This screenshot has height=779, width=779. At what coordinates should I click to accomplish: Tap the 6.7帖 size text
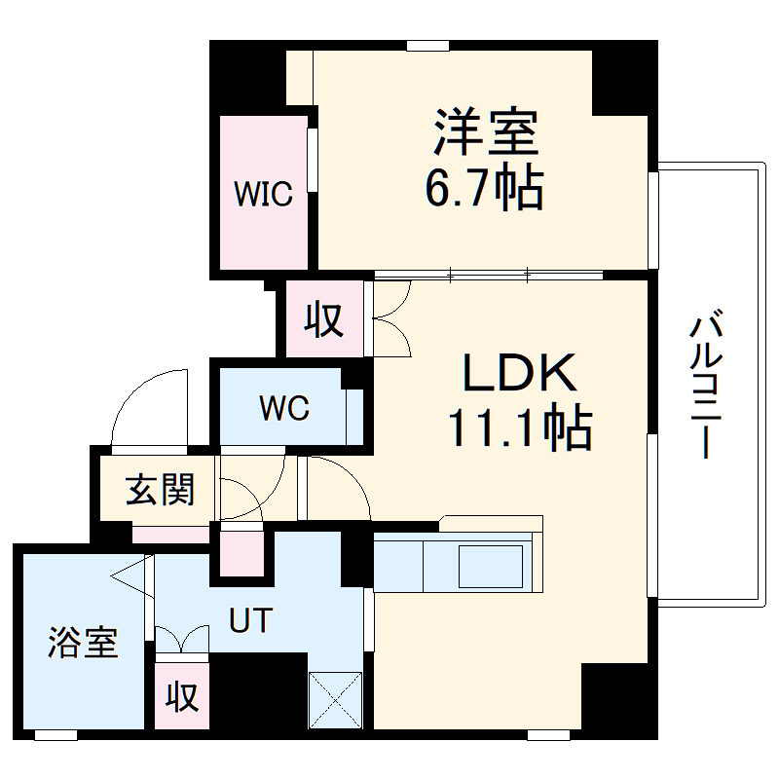pyautogui.click(x=483, y=187)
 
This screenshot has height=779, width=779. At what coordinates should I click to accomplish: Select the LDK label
pyautogui.click(x=520, y=374)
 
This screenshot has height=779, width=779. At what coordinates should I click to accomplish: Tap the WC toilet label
pyautogui.click(x=283, y=408)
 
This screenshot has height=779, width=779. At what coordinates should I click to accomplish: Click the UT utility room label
pyautogui.click(x=251, y=619)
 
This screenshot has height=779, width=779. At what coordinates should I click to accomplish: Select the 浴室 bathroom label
pyautogui.click(x=84, y=643)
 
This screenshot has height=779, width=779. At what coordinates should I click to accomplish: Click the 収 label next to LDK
pyautogui.click(x=325, y=319)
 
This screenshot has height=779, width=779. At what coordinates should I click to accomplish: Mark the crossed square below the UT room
pyautogui.click(x=334, y=698)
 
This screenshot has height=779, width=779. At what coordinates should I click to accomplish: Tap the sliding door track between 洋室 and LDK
pyautogui.click(x=487, y=276)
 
